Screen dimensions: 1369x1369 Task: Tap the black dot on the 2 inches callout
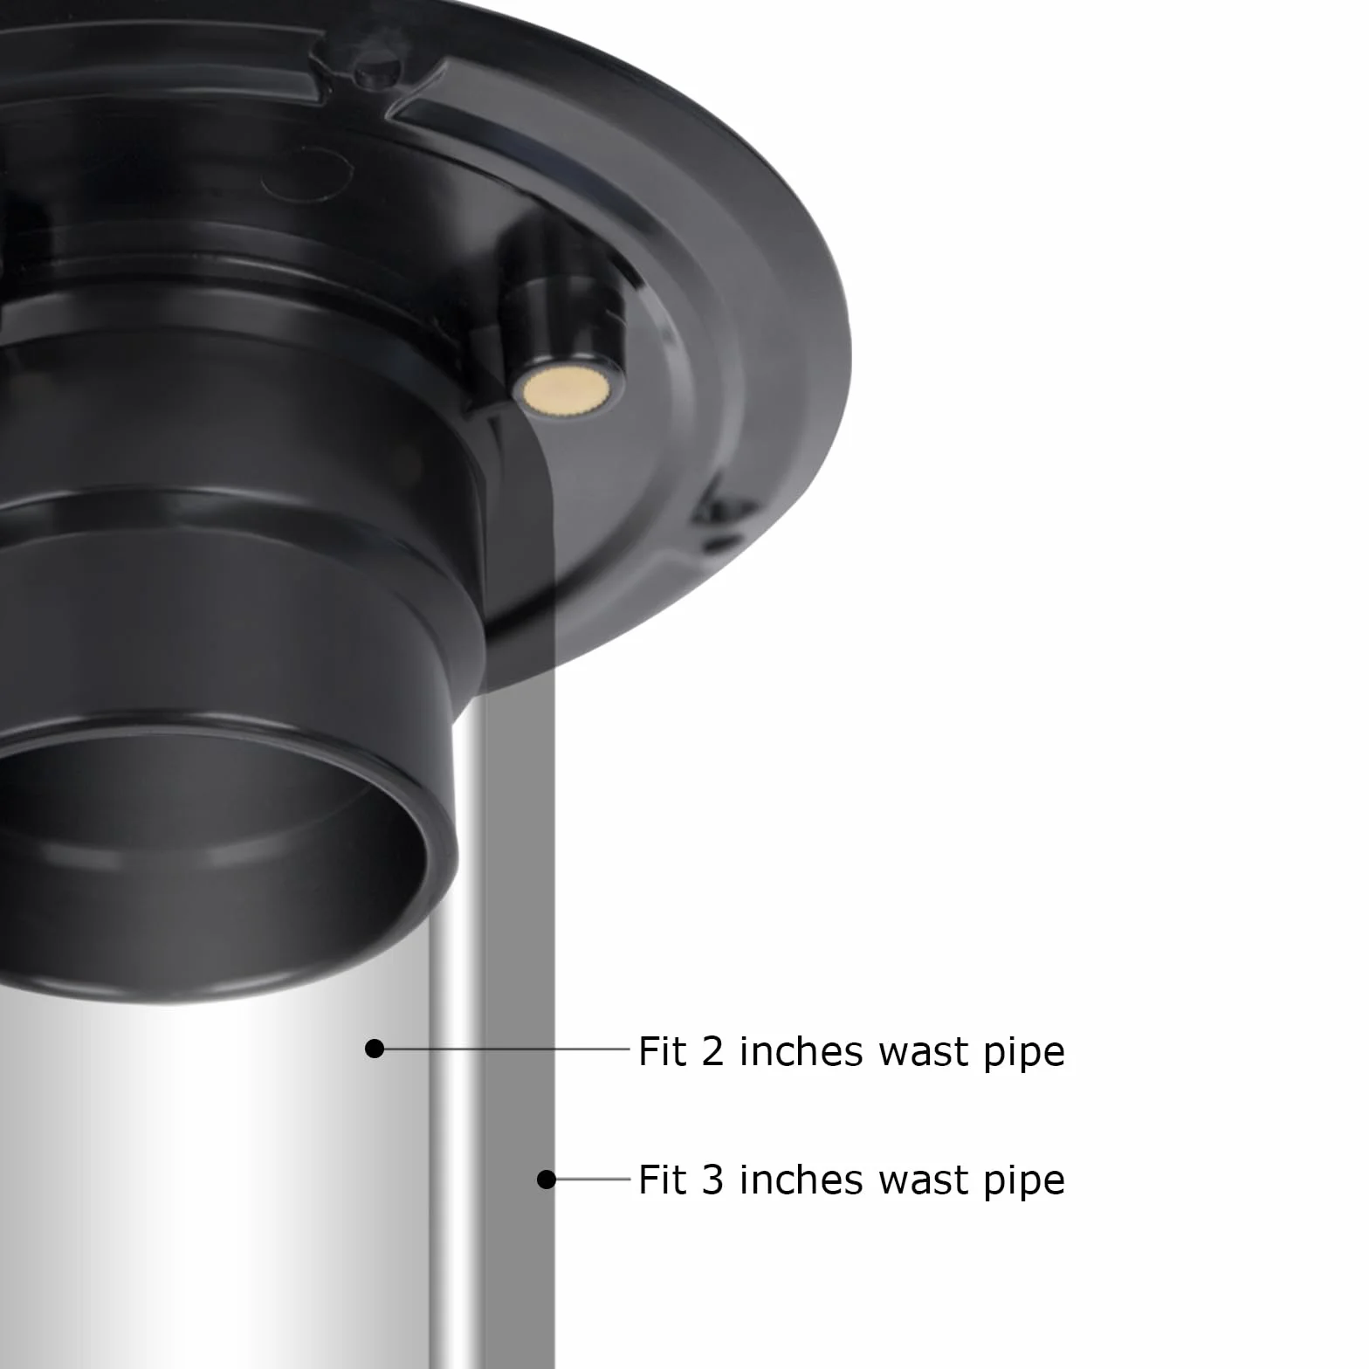point(375,1048)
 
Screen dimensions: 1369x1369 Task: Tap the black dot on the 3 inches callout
point(547,1180)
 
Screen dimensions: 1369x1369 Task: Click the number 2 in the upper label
point(712,1051)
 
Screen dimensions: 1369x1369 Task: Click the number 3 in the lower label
point(712,1180)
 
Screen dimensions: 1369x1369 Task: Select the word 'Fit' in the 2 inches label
point(663,1051)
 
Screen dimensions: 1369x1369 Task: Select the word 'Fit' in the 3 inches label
point(663,1180)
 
